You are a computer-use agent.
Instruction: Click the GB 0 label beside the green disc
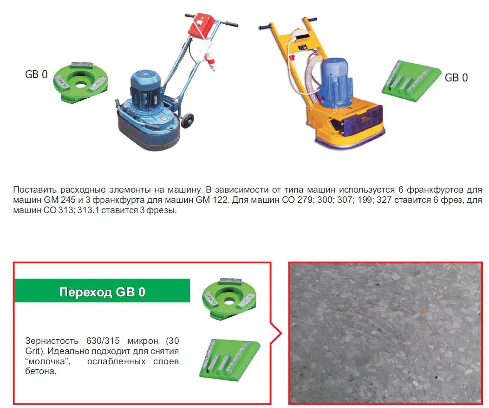point(36,74)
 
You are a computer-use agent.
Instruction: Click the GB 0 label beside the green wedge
point(456,78)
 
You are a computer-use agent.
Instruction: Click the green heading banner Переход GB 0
point(102,291)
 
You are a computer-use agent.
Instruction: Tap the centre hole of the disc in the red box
point(229,301)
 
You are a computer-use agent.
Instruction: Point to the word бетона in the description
point(41,371)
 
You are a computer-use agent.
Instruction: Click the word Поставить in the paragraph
point(35,190)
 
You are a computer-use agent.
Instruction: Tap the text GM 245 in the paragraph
point(59,200)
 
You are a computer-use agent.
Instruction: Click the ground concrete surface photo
point(385,333)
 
